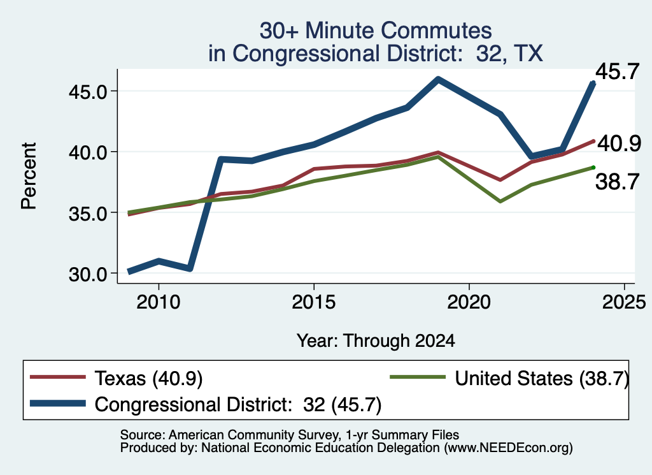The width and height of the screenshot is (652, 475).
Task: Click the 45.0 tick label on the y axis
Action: (88, 92)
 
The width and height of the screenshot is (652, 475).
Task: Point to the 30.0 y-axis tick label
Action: (88, 274)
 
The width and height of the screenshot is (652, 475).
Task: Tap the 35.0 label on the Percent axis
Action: (88, 214)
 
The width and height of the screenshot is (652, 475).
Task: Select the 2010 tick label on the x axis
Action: (159, 302)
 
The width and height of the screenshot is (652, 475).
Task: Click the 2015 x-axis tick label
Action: (313, 302)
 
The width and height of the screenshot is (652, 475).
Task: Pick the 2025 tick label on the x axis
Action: (624, 302)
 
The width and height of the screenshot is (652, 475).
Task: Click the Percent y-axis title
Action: (29, 176)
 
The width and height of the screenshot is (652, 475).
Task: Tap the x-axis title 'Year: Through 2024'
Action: (376, 340)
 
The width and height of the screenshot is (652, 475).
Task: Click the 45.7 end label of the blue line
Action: (617, 71)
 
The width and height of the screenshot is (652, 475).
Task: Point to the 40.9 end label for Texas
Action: (619, 143)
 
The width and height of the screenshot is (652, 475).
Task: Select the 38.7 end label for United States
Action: (617, 182)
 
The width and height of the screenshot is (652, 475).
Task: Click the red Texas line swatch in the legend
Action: (58, 377)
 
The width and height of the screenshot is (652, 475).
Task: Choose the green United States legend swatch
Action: (418, 377)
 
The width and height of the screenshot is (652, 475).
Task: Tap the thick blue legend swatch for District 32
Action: (58, 404)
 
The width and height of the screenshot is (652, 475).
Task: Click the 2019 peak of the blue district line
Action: (438, 79)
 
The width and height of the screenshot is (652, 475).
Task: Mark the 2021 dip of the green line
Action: (500, 201)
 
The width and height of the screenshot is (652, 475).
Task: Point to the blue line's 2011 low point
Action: (190, 268)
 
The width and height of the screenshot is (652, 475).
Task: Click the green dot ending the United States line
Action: (593, 167)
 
